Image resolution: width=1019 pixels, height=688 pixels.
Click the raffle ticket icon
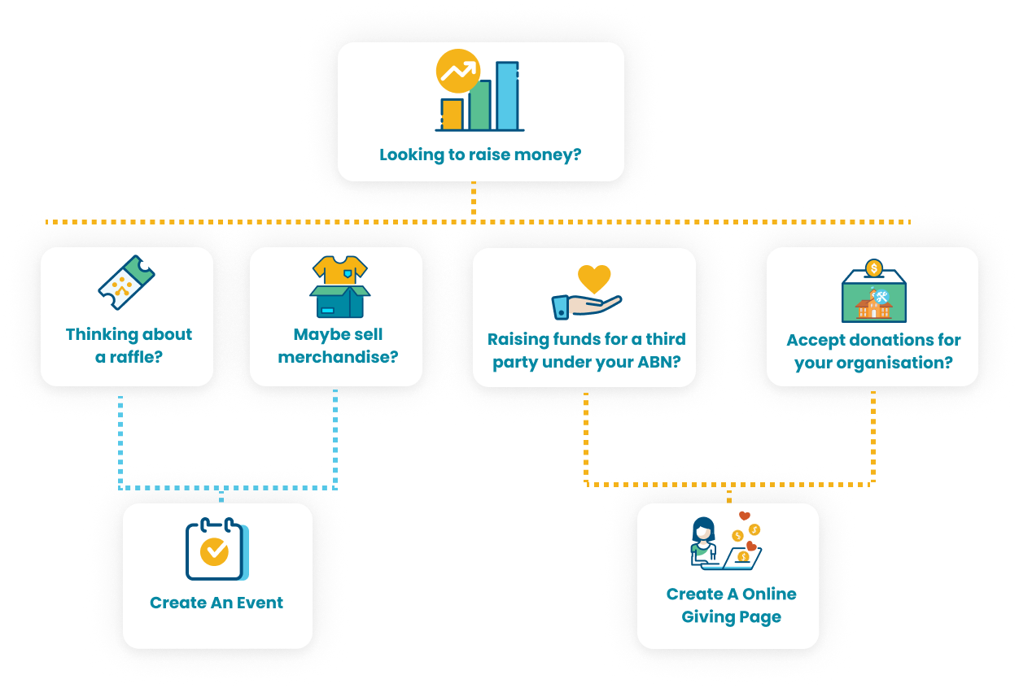point(126,282)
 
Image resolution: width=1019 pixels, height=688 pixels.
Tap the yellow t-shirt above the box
point(339,270)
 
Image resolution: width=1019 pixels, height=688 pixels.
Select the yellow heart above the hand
point(593,279)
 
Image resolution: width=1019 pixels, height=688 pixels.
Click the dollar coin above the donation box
point(874,268)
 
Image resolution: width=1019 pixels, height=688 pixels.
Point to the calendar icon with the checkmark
point(215,551)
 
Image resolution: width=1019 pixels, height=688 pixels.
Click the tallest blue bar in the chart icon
point(508,96)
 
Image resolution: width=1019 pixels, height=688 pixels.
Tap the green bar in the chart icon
point(479,105)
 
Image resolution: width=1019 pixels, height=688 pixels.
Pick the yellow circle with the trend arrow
point(457,72)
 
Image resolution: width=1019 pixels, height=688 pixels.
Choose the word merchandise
point(338,357)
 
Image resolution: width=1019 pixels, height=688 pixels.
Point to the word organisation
point(895,363)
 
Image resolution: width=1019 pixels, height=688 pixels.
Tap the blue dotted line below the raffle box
point(120,439)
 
